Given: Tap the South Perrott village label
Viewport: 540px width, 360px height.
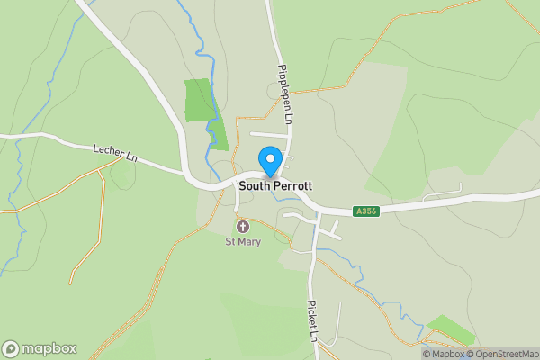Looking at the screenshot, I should click(x=275, y=185).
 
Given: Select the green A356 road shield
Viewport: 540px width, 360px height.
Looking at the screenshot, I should click(x=365, y=211).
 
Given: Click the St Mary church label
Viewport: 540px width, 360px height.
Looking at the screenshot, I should click(x=242, y=241).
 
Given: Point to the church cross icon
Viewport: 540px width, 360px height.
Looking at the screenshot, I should click(x=242, y=227).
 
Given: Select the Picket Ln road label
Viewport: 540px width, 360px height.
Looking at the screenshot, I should click(x=313, y=320).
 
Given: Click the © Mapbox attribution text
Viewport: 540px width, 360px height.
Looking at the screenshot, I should click(x=444, y=353).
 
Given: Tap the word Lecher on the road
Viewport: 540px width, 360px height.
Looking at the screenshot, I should click(x=106, y=151).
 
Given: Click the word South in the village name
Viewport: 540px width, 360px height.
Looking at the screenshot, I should click(x=254, y=185).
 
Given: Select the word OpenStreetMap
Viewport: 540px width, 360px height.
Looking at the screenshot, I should click(x=507, y=353).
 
